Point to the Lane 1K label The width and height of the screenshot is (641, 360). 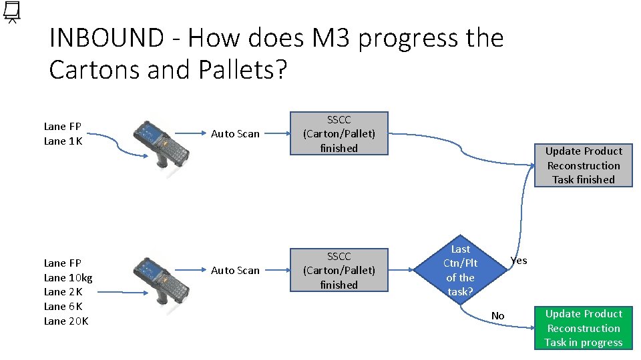point(63,141)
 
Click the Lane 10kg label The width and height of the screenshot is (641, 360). point(68,277)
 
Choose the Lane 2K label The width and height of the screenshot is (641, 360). point(63,292)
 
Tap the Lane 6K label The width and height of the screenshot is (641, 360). point(63,307)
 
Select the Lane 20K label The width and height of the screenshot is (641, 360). point(66,321)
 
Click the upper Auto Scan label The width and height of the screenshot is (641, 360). point(235,134)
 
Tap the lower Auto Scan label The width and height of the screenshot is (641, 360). point(235,271)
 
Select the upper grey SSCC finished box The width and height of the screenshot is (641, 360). point(339,134)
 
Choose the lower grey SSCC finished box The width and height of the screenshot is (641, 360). point(339,270)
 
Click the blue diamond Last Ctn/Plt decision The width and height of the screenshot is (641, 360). point(460,270)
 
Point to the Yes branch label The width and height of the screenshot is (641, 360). point(519,260)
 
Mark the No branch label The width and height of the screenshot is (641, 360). point(498,315)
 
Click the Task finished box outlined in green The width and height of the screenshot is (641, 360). point(584,165)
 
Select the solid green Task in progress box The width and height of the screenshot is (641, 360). point(584,328)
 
